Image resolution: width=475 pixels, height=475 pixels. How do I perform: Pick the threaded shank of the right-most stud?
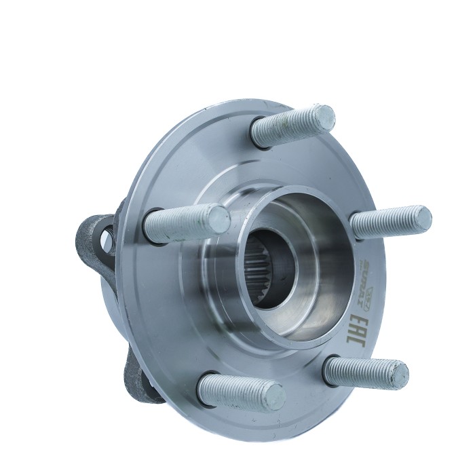point(383,223)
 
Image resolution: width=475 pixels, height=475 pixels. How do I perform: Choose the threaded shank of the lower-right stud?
point(360,370)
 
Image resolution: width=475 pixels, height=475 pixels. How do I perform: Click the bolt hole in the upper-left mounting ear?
point(107,237)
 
